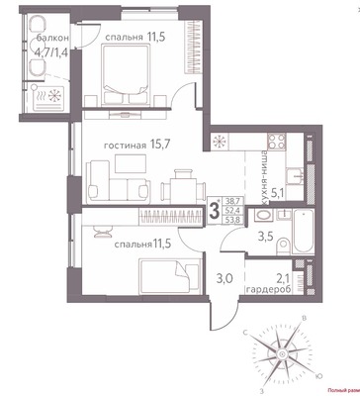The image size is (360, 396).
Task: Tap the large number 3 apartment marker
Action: click(x=214, y=210)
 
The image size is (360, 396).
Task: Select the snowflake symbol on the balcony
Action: click(x=48, y=97)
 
